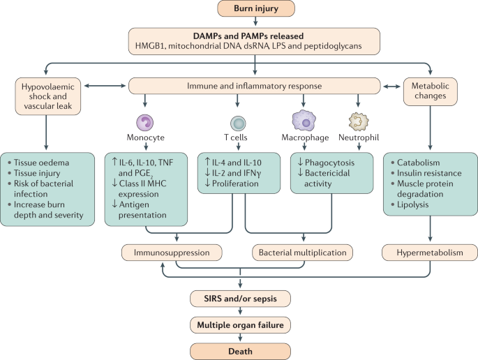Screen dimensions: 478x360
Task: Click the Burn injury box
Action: [x=256, y=8]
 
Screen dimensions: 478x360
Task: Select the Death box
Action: [x=240, y=351]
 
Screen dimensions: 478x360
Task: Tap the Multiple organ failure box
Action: [x=240, y=325]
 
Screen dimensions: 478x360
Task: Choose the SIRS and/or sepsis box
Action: [x=240, y=299]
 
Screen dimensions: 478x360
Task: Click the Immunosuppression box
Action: [x=172, y=253]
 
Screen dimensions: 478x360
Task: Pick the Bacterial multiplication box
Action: [x=302, y=253]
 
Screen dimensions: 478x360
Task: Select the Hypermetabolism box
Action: [x=430, y=253]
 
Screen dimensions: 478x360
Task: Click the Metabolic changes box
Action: [x=430, y=91]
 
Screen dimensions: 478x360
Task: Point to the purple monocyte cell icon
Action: [x=145, y=123]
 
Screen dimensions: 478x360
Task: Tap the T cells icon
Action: [x=238, y=123]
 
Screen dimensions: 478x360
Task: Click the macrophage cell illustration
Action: [x=304, y=121]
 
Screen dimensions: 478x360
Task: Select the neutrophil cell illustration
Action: [x=359, y=121]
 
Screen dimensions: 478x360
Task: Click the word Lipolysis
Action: [x=413, y=204]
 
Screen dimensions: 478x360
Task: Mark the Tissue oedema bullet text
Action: [x=41, y=163]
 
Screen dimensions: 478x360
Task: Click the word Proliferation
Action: [x=235, y=183]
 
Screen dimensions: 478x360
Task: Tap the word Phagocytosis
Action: [x=329, y=163]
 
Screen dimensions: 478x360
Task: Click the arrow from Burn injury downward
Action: [x=255, y=22]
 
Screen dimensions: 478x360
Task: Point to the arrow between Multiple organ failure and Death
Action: [x=240, y=338]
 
